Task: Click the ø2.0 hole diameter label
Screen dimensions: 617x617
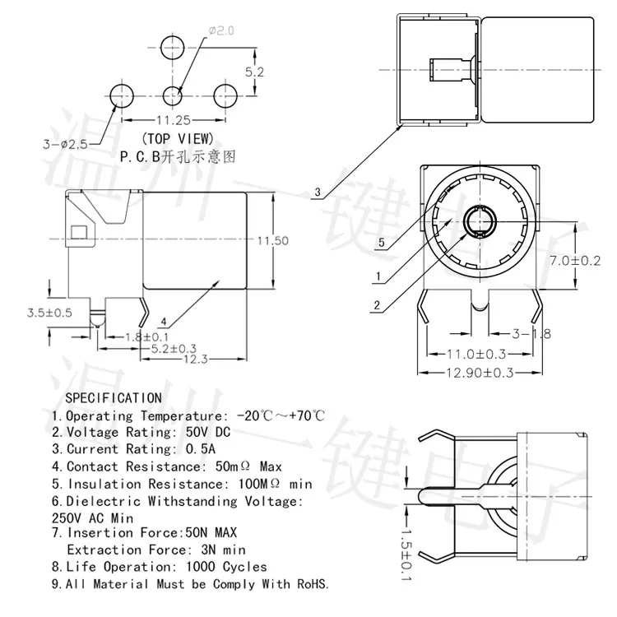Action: coord(223,31)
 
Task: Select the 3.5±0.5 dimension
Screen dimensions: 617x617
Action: coord(50,313)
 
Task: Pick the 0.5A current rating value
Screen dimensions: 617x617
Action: coord(198,449)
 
